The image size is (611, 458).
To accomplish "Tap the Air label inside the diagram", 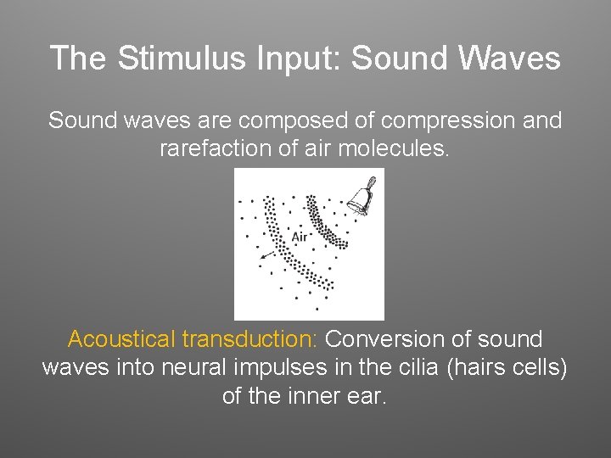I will [x=300, y=237].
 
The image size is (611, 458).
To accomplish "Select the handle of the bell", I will [x=371, y=181].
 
